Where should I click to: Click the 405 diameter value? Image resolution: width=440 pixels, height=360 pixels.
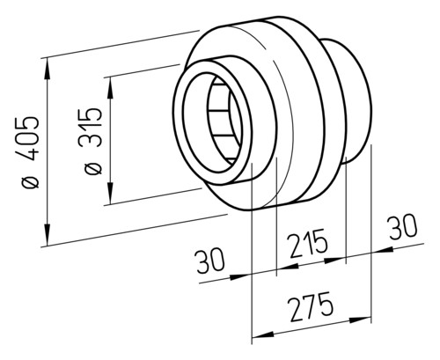pos(30,139)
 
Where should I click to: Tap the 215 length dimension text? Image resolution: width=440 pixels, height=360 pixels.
pos(307,243)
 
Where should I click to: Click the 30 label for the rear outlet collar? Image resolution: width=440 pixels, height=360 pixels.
pos(402,226)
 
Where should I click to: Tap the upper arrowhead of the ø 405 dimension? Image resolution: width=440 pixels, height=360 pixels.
pos(47,69)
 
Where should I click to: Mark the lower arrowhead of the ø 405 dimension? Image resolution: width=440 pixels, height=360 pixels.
pos(47,234)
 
